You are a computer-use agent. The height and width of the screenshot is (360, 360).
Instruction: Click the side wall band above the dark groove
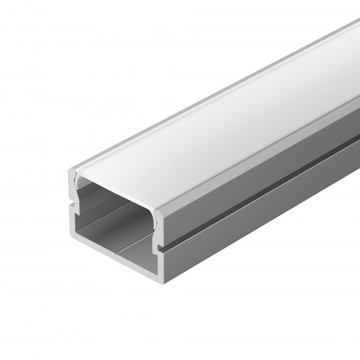pos(264,172)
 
